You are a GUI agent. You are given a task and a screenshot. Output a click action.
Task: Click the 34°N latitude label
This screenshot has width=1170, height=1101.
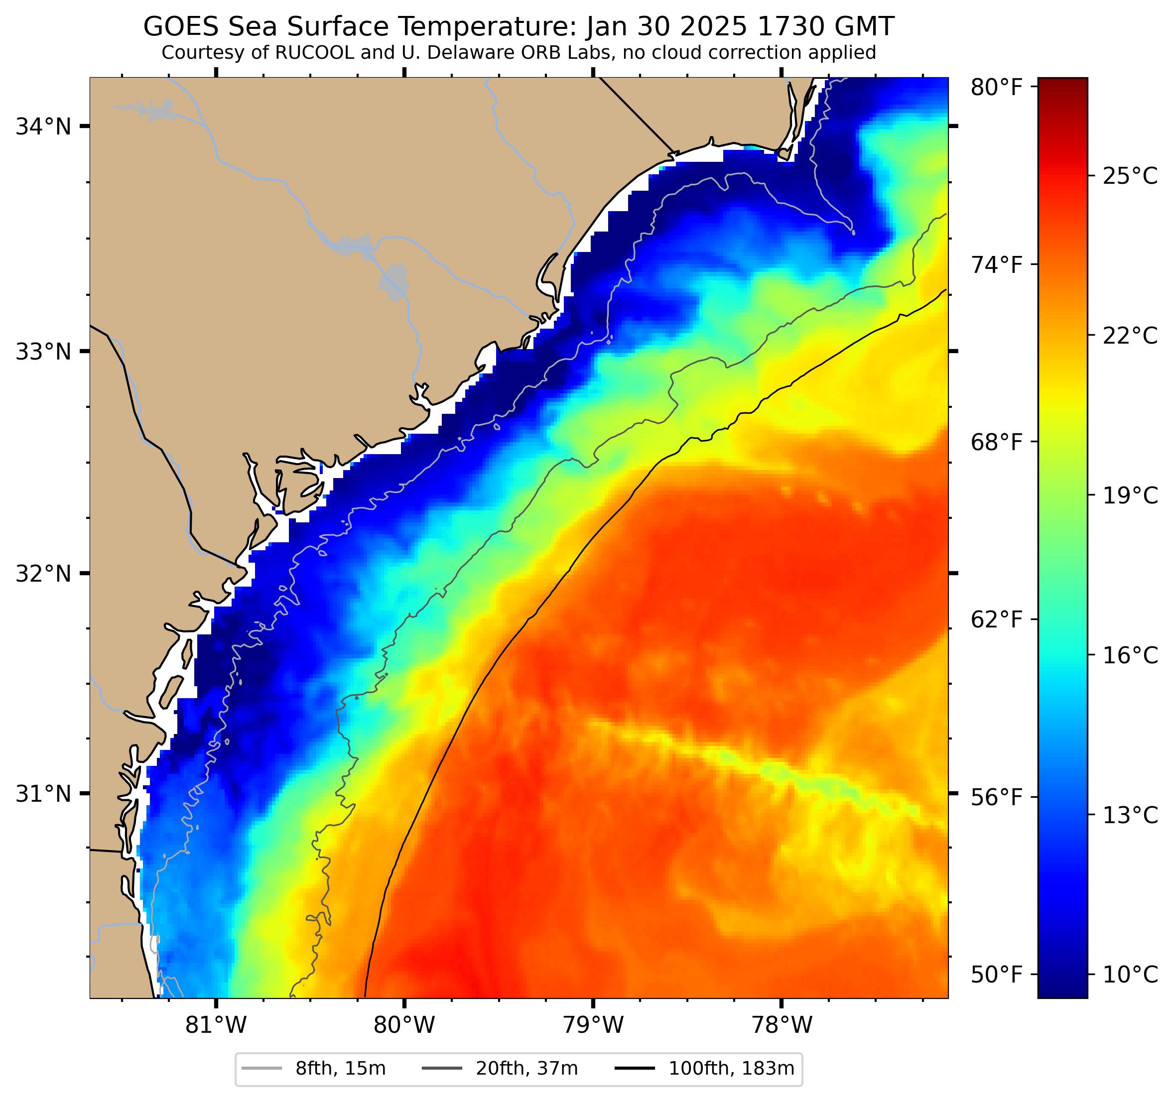point(43,126)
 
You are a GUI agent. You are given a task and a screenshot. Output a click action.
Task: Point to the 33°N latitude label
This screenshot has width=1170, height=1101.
point(43,352)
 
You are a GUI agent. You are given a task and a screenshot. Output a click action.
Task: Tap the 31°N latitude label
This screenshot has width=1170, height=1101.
point(43,794)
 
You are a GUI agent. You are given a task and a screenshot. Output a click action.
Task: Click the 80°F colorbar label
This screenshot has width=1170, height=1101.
point(996,88)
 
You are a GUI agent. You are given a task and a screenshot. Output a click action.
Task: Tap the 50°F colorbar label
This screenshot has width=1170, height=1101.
point(996,975)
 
